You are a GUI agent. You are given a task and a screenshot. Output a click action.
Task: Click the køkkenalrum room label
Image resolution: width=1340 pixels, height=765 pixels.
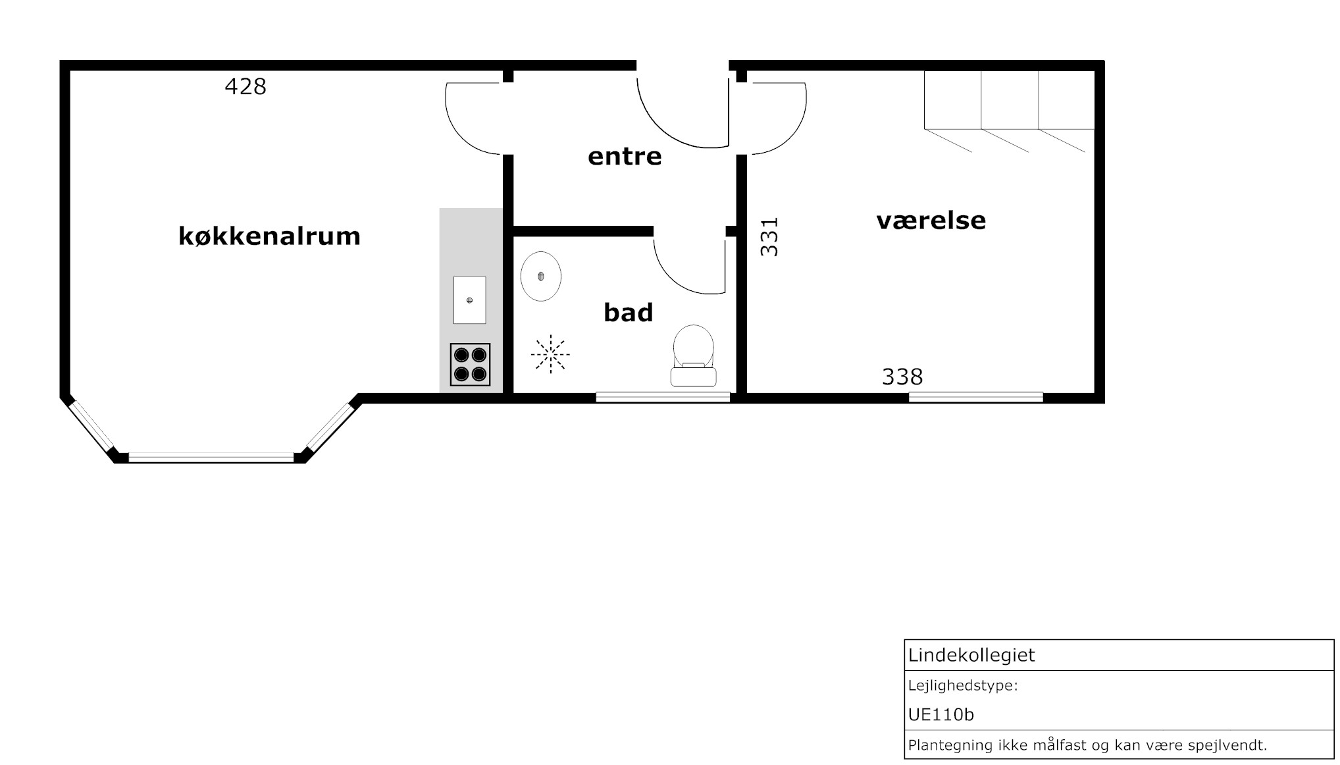(x=269, y=236)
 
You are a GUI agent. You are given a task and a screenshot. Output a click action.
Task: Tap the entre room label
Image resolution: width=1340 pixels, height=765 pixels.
(x=625, y=157)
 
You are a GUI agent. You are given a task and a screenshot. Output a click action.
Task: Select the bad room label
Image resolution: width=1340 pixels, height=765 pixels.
(x=629, y=312)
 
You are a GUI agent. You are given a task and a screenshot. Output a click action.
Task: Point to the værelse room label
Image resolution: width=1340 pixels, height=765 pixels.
(x=931, y=220)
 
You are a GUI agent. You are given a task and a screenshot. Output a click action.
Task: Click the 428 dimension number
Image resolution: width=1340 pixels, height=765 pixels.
(x=245, y=86)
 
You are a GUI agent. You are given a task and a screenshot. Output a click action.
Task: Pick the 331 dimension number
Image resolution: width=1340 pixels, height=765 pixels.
(x=769, y=237)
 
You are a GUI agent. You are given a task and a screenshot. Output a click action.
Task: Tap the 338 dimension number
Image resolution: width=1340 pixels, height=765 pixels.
(x=902, y=377)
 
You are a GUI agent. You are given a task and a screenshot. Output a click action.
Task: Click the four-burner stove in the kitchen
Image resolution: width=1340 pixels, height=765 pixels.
(x=470, y=365)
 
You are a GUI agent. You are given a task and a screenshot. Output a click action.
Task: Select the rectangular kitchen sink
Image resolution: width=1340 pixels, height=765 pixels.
(x=469, y=300)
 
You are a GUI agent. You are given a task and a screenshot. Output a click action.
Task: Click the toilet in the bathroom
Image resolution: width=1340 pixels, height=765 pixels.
(x=694, y=356)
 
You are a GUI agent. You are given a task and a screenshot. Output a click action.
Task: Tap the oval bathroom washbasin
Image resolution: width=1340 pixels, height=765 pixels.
(x=541, y=277)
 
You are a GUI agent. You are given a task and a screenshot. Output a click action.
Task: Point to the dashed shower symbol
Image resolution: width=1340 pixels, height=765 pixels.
(x=550, y=354)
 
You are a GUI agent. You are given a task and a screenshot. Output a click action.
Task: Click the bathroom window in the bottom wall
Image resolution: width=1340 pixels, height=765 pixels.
(x=663, y=397)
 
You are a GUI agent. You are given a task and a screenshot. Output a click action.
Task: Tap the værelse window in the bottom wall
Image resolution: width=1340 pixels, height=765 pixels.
(x=976, y=397)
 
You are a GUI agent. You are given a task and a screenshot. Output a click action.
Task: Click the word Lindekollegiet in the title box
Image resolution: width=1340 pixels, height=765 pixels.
(x=971, y=656)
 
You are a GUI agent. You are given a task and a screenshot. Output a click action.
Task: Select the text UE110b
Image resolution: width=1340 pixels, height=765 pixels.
(x=941, y=714)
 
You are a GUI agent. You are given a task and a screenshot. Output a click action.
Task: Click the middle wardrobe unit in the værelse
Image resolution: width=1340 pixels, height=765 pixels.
(x=1010, y=100)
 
